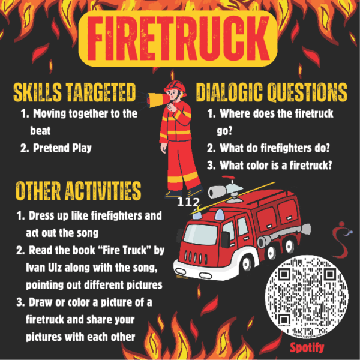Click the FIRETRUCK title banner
pos(178,38)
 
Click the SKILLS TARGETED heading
pos(74,92)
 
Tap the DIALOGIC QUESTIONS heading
pos(272,92)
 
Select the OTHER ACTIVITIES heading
pos(78,191)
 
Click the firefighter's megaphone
pos(155,100)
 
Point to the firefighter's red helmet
pos(175,87)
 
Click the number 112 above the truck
pos(188,202)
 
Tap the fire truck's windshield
pos(200,234)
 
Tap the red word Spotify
pos(307,348)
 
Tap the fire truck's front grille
pos(196,257)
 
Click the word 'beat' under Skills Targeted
pos(40,131)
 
